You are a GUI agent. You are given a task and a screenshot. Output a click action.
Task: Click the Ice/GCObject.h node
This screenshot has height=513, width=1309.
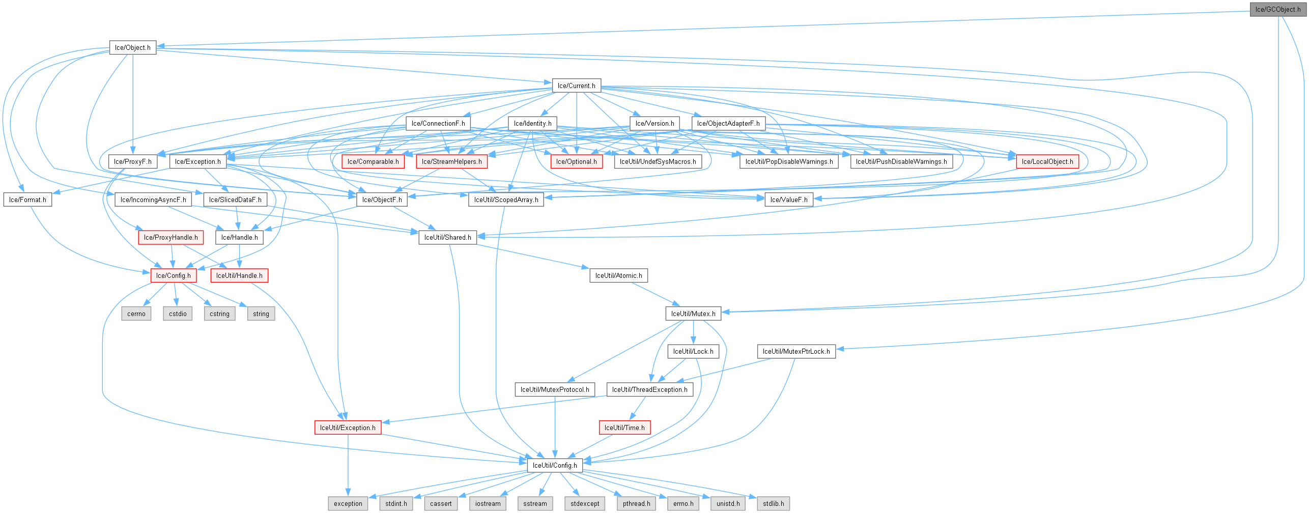coord(1277,9)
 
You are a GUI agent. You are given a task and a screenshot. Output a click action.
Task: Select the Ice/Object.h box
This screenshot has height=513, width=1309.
coord(132,47)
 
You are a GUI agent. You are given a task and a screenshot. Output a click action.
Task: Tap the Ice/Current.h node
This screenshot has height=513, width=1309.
coord(576,85)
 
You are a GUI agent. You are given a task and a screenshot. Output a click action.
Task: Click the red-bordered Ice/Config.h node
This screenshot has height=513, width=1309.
coord(173,275)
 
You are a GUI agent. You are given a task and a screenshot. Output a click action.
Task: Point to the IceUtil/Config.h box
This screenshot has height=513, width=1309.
coord(555,465)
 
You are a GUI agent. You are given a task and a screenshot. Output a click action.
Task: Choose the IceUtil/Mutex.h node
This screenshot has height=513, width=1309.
coord(693,313)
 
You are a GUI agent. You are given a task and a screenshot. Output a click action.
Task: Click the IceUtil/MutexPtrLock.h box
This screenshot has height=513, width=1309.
coord(796,351)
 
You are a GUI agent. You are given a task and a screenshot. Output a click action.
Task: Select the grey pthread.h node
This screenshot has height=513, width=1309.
coord(636,503)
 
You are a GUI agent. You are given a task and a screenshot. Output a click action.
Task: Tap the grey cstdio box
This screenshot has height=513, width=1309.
coord(178,313)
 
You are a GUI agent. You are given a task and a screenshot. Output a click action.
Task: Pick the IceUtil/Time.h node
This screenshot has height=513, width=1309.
coord(624,427)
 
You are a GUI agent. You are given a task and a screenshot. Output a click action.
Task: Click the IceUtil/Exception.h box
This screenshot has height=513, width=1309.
coord(348,427)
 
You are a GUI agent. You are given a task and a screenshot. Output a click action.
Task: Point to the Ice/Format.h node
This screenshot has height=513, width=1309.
coord(27,199)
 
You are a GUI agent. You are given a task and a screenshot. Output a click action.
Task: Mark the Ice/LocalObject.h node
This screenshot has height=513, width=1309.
coord(1047,161)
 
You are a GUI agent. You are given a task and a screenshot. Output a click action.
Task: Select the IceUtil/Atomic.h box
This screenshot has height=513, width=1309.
coord(618,275)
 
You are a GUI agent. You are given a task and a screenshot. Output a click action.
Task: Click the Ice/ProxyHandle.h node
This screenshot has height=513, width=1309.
coord(170,237)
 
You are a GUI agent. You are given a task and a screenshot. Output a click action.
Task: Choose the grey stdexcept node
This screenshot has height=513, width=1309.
coord(585,503)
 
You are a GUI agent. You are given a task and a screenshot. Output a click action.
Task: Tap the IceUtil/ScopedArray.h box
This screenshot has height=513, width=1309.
coord(506,199)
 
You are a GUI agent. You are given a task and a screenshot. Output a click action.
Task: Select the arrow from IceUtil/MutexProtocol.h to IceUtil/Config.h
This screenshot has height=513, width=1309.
coord(555,427)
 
